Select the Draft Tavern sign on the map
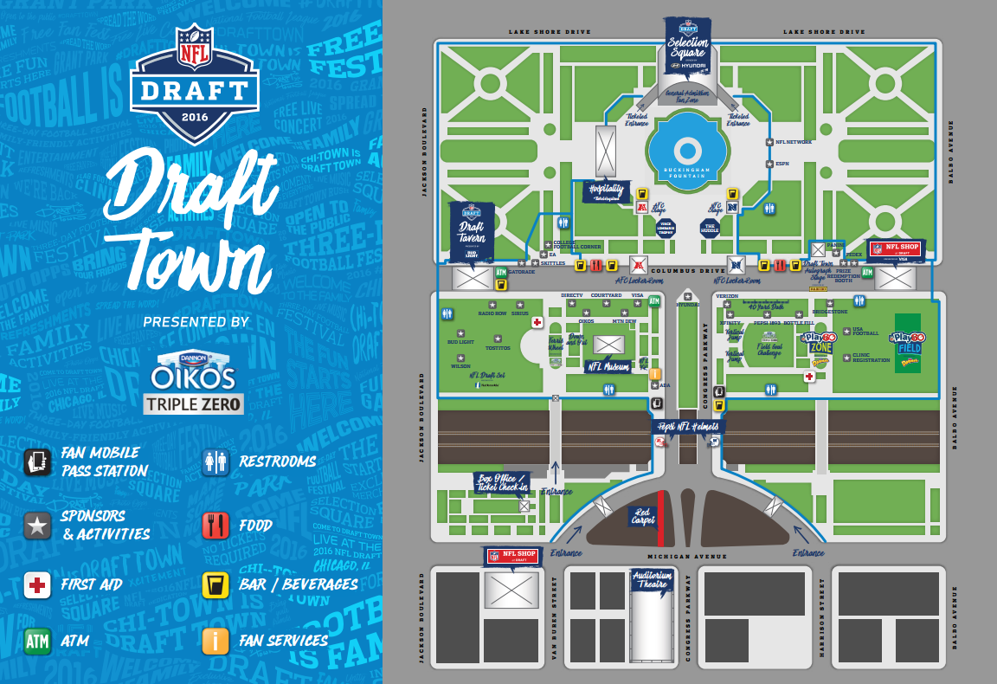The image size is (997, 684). click(x=472, y=231)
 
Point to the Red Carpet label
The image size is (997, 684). click(x=643, y=516)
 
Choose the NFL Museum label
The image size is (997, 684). click(x=608, y=366)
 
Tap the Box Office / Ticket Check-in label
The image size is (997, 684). click(x=502, y=482)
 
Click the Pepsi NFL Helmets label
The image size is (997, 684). click(x=686, y=426)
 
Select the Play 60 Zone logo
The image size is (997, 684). click(x=817, y=343)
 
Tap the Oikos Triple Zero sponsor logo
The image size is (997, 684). click(x=194, y=381)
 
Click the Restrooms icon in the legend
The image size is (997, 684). click(x=215, y=461)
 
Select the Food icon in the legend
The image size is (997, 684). click(x=215, y=525)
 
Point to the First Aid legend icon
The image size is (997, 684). click(x=36, y=585)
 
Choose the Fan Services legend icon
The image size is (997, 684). click(x=215, y=641)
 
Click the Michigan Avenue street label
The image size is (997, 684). click(x=687, y=556)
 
